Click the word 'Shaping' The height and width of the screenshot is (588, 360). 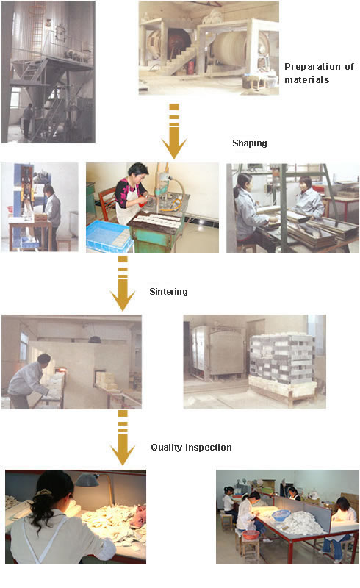pos(250,143)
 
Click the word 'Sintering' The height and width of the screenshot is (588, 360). pos(168,292)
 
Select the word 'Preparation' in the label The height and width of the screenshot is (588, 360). pos(312,67)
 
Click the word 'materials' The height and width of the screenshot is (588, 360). pos(307,80)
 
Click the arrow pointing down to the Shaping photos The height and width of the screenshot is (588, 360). pos(174,132)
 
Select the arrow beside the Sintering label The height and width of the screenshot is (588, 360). pos(123,284)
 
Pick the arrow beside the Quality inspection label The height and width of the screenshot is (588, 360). pos(123,437)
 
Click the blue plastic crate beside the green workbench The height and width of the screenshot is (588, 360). pos(109,235)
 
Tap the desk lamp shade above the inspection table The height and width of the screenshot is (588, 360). pos(87,480)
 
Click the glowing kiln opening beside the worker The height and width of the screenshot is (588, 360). pos(61,370)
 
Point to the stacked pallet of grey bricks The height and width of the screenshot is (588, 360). pos(283,359)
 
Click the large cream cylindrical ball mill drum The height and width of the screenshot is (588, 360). pos(229,49)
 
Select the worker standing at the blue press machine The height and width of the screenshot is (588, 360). pos(51,217)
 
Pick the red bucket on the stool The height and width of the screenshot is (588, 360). pos(250,534)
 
